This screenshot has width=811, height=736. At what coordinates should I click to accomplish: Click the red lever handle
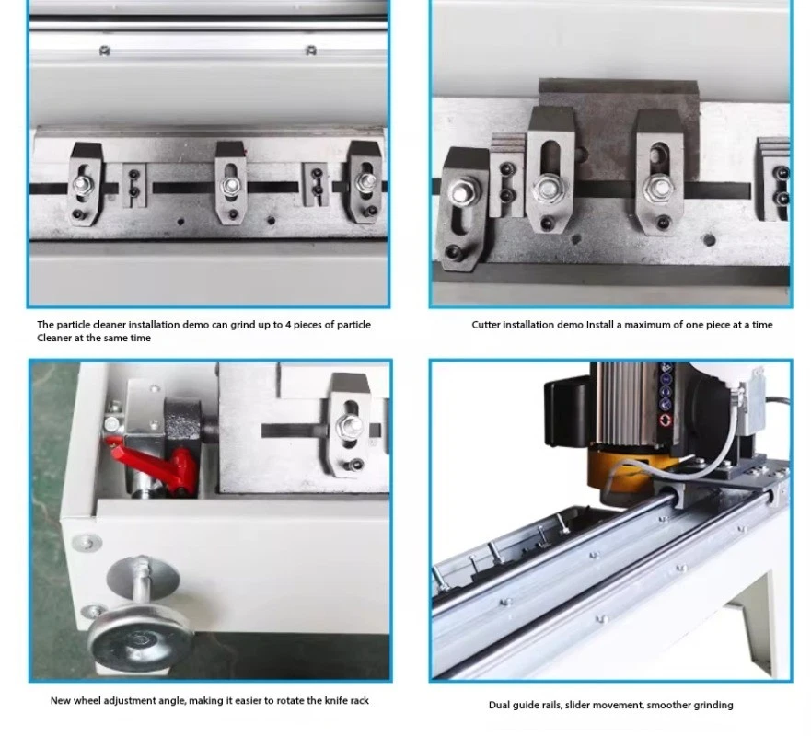[x=156, y=466]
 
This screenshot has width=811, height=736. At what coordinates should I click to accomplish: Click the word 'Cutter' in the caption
[x=486, y=325]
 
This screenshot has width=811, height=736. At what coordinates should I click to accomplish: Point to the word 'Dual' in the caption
[x=498, y=705]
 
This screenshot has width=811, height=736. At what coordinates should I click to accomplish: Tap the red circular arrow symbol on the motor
[x=666, y=420]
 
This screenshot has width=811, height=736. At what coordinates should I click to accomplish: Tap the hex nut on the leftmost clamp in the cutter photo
[x=462, y=193]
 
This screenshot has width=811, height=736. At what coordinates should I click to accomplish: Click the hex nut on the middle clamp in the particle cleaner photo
[x=230, y=186]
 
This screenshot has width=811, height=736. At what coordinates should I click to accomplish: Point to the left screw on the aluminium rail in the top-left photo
[x=104, y=51]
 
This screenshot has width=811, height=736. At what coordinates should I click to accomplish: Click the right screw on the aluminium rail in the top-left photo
[x=310, y=51]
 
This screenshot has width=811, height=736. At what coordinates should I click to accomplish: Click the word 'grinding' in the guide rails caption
[x=713, y=706]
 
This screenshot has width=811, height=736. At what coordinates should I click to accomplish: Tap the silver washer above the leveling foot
[x=143, y=577]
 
